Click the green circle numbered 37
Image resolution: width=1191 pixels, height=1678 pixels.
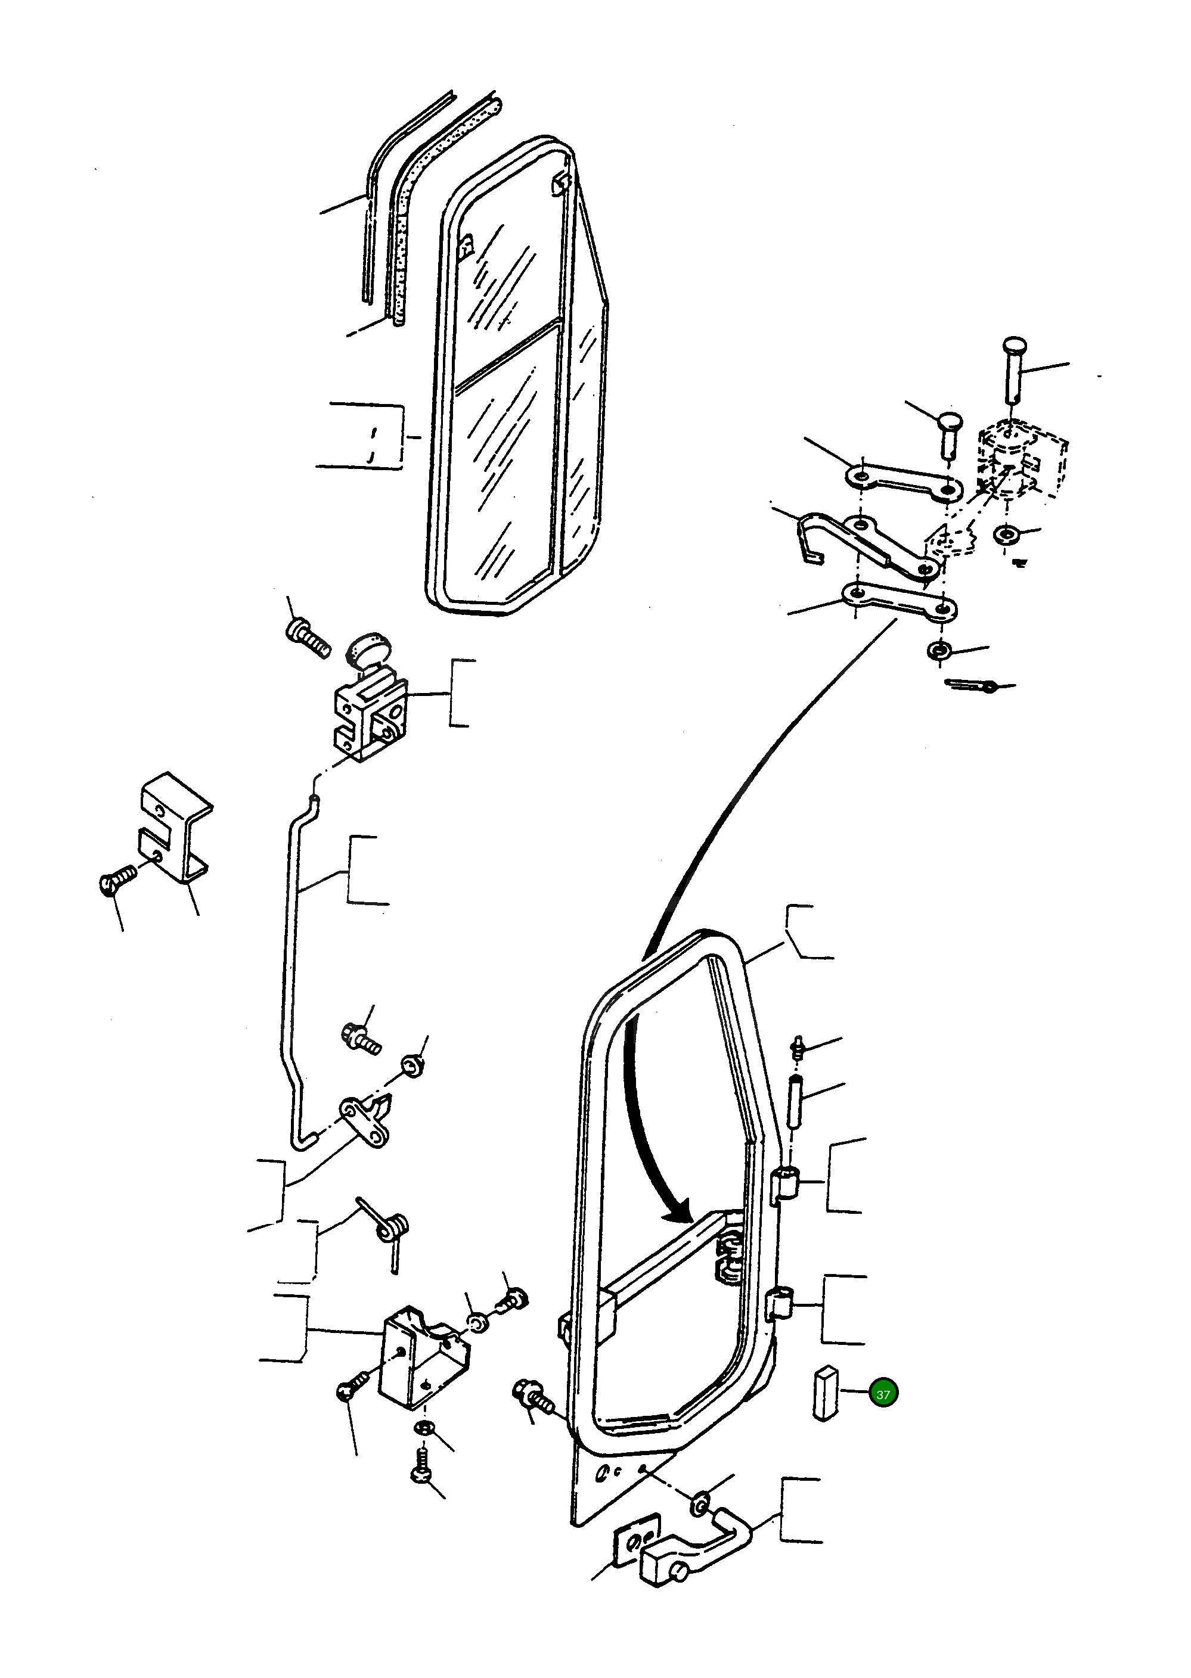[x=882, y=1394]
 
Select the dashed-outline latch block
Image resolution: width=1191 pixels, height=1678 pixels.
[x=1023, y=458]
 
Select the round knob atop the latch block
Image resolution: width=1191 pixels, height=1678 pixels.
[x=370, y=650]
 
